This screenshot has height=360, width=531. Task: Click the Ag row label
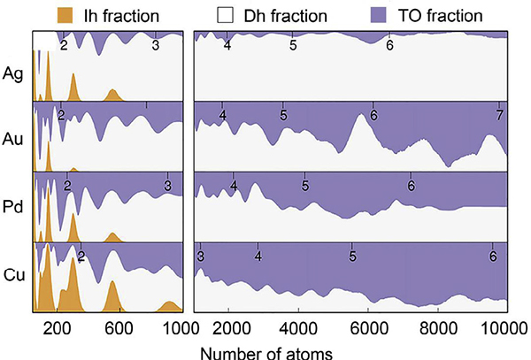pyautogui.click(x=13, y=73)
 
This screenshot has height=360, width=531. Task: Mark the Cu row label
pyautogui.click(x=13, y=272)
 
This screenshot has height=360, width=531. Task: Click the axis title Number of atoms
pyautogui.click(x=265, y=351)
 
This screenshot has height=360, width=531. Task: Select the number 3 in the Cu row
pyautogui.click(x=201, y=257)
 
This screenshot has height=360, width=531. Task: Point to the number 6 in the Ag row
pyautogui.click(x=389, y=45)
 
